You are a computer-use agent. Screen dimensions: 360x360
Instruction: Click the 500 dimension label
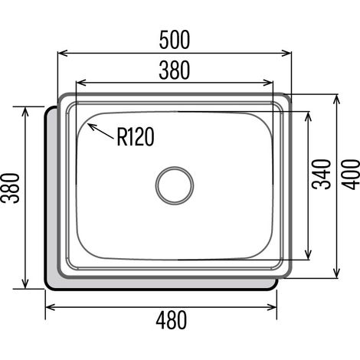tap(175, 40)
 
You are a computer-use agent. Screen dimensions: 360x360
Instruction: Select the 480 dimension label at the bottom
tap(172, 319)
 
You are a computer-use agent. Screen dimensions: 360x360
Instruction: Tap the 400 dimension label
tap(351, 175)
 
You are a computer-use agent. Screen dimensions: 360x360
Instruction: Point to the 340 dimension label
tap(322, 175)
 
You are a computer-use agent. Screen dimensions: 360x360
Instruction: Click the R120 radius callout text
tap(136, 137)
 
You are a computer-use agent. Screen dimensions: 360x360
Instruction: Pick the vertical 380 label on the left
tap(10, 188)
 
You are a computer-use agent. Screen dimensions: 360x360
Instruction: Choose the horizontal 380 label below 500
tap(175, 70)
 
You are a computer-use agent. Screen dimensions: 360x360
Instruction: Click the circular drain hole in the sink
tap(175, 185)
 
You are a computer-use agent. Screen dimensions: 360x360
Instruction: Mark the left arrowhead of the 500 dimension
tap(62, 53)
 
